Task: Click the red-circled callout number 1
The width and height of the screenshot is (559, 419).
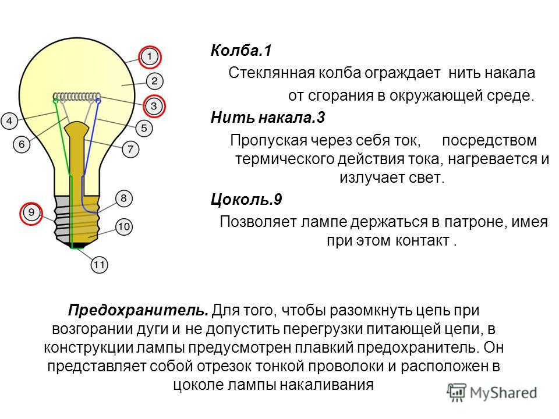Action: click(x=150, y=56)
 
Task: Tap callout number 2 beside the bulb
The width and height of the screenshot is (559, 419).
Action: click(x=154, y=81)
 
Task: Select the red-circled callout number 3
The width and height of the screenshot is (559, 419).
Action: click(x=154, y=106)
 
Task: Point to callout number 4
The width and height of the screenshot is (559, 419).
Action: click(x=9, y=121)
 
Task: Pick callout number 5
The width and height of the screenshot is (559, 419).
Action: click(x=144, y=128)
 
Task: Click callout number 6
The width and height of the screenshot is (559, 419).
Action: click(x=22, y=144)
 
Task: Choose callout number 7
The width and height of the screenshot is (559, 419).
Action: click(x=130, y=148)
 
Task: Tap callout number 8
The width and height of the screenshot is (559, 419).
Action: click(x=123, y=198)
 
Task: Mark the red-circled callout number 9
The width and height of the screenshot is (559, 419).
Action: click(x=31, y=213)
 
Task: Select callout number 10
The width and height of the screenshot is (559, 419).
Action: click(x=123, y=226)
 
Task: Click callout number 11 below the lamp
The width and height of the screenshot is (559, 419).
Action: click(x=99, y=265)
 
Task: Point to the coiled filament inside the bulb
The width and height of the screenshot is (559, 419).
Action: click(x=77, y=96)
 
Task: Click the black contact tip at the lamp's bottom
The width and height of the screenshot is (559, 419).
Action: click(x=77, y=245)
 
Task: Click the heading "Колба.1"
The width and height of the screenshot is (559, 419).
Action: click(x=241, y=51)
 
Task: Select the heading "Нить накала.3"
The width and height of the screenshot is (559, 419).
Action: click(x=268, y=118)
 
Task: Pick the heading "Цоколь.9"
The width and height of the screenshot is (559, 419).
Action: click(x=246, y=200)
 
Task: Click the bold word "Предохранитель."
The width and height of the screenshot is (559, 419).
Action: click(x=139, y=310)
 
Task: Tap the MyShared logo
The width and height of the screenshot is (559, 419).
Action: click(x=492, y=392)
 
